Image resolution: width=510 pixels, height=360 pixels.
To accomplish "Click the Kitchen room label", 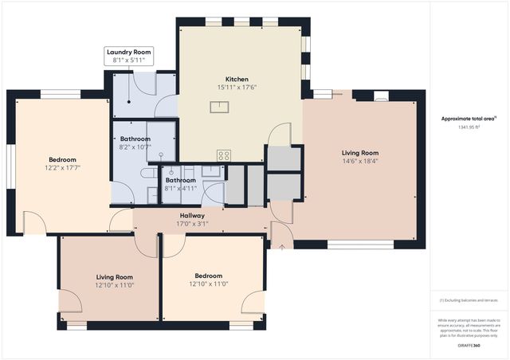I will [237, 80].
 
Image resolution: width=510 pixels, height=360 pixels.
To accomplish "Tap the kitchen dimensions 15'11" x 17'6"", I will [237, 88].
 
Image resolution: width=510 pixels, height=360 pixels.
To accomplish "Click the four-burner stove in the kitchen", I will [224, 155].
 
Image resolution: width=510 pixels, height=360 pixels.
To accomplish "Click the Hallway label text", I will [191, 216].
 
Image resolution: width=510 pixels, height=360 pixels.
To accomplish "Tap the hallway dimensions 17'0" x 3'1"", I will [191, 224].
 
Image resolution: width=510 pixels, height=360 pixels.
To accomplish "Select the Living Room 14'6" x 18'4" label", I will [360, 157].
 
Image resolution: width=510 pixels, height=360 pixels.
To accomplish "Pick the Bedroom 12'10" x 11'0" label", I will [209, 280].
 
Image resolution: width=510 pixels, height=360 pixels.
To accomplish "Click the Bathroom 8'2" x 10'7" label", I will [135, 143].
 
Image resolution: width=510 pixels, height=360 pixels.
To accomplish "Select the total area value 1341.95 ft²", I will [469, 127].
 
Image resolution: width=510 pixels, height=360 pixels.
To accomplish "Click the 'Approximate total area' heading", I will [469, 119].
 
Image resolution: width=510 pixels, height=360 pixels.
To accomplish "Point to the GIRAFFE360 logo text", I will [469, 346].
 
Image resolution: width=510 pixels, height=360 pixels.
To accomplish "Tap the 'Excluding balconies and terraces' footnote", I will [469, 300].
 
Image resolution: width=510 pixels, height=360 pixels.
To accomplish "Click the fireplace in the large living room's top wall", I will [381, 96].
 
